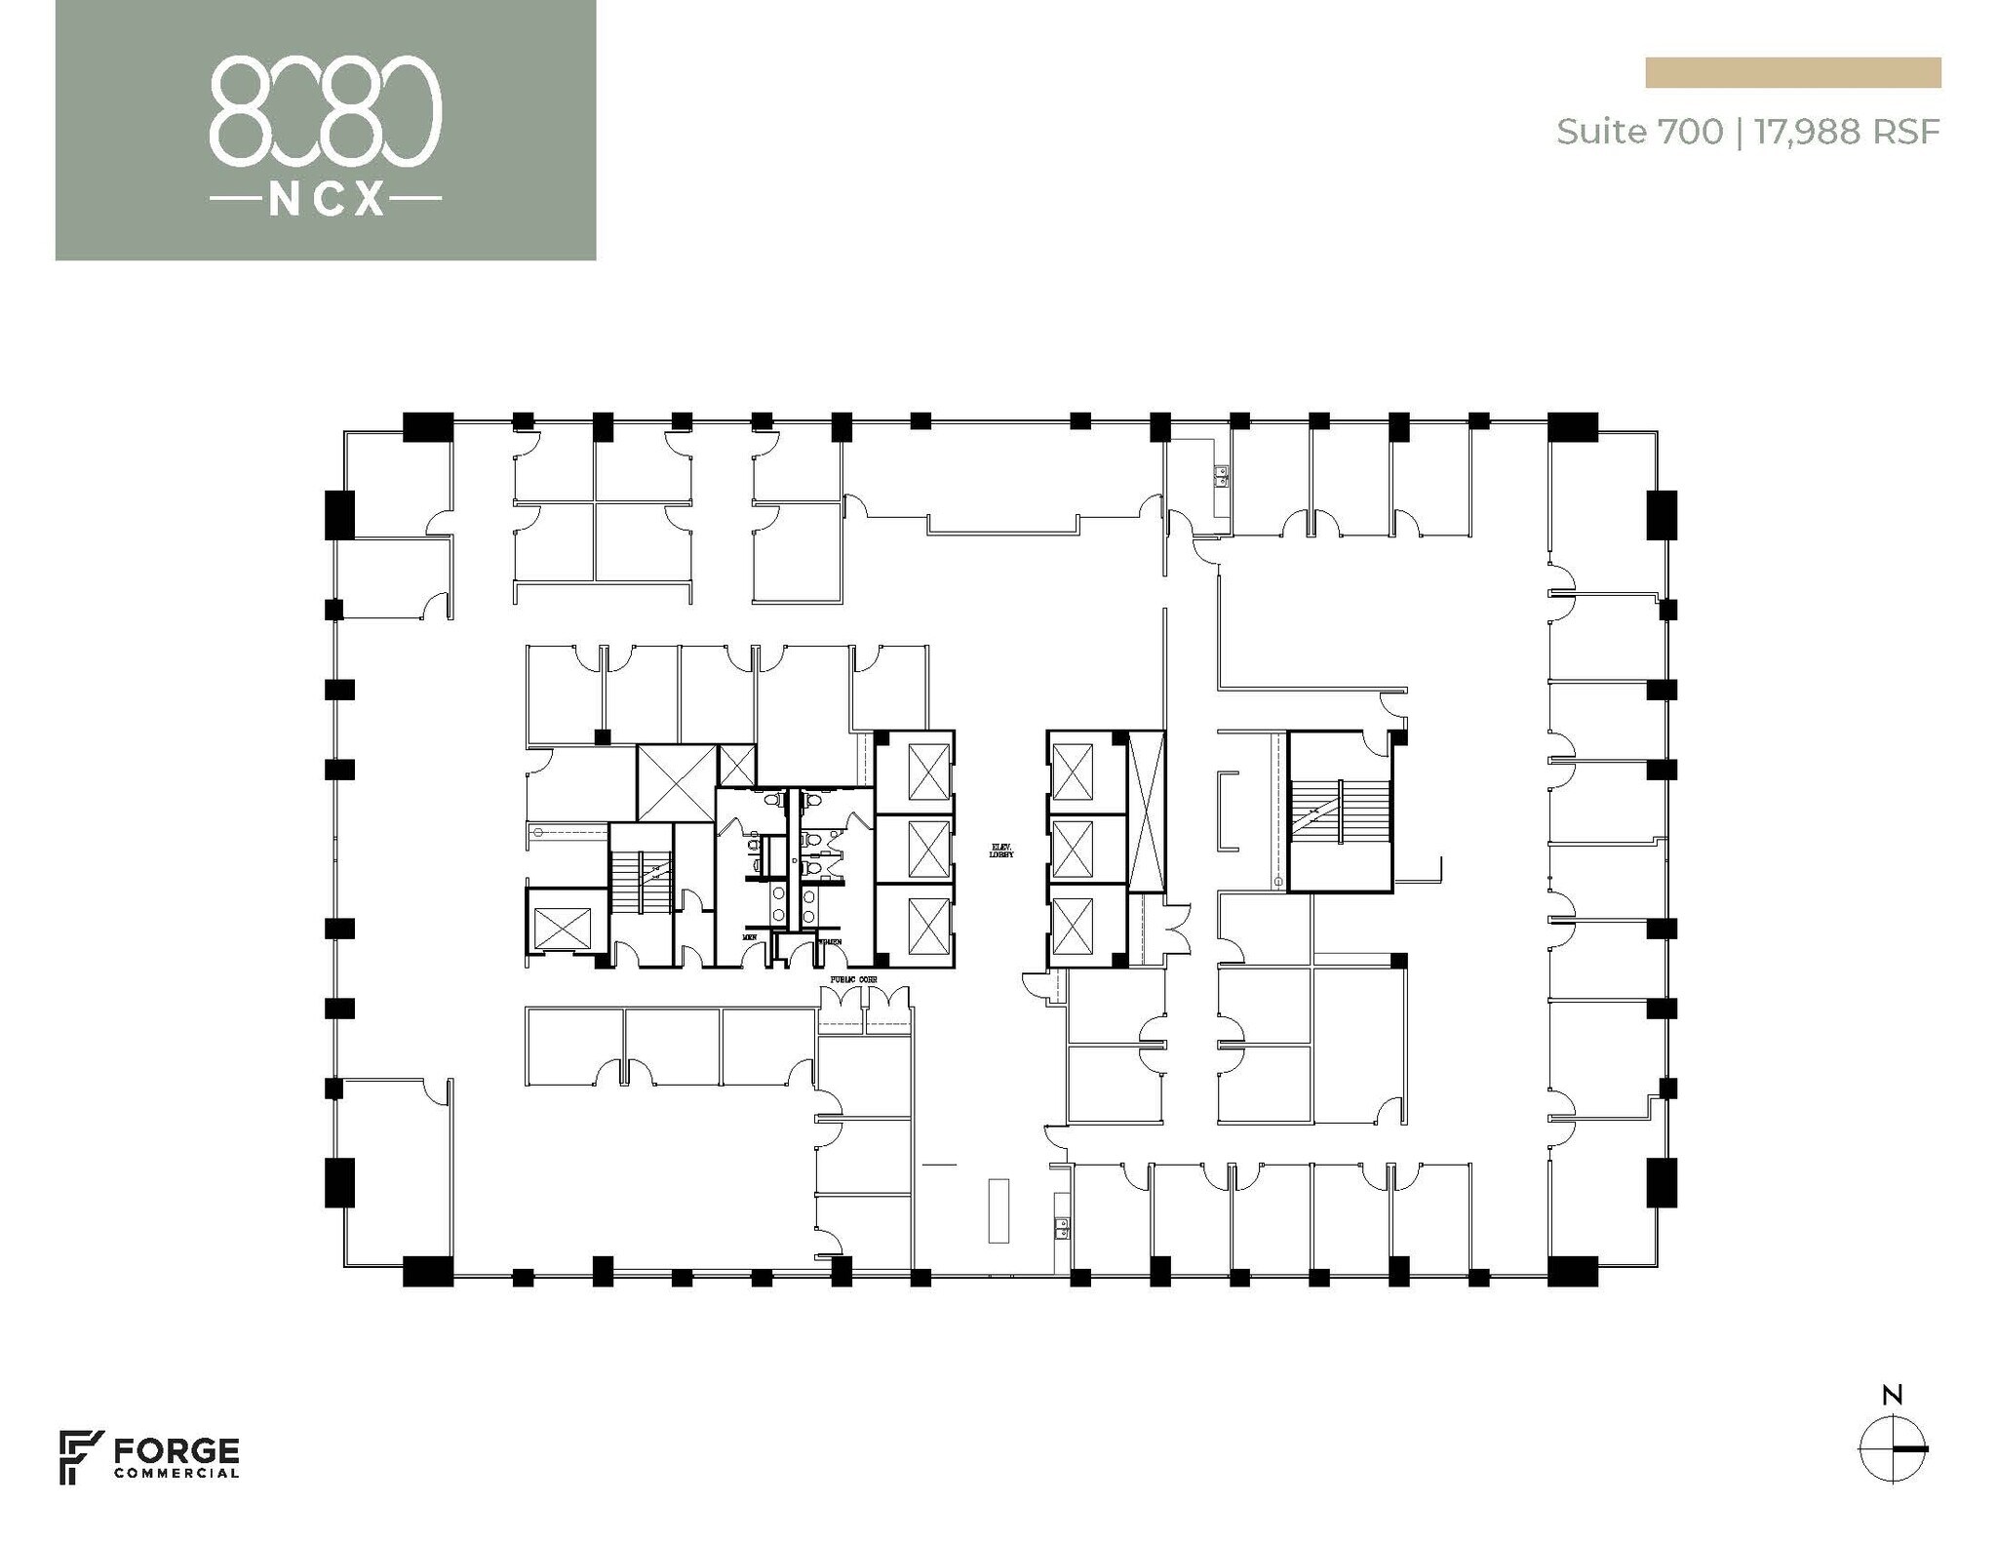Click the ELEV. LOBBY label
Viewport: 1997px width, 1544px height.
[1001, 851]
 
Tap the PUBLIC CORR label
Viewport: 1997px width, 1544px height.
[853, 978]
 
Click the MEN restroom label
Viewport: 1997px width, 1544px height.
[750, 937]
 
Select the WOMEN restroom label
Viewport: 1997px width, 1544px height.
[830, 941]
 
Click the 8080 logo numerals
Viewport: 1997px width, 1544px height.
[326, 108]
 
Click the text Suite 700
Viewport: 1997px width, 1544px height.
[1639, 131]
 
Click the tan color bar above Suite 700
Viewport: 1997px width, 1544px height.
[1792, 73]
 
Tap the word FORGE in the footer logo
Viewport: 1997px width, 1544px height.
[176, 1450]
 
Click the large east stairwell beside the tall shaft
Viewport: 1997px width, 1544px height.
[1340, 812]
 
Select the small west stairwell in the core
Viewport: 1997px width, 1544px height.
[642, 883]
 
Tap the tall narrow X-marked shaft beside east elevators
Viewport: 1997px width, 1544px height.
[1147, 812]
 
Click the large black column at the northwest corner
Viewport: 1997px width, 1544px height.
[428, 426]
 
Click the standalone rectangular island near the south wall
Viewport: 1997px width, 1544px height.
[998, 1210]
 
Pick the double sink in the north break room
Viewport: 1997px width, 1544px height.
[1220, 476]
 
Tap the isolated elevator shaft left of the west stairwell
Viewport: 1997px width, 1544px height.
[564, 928]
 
